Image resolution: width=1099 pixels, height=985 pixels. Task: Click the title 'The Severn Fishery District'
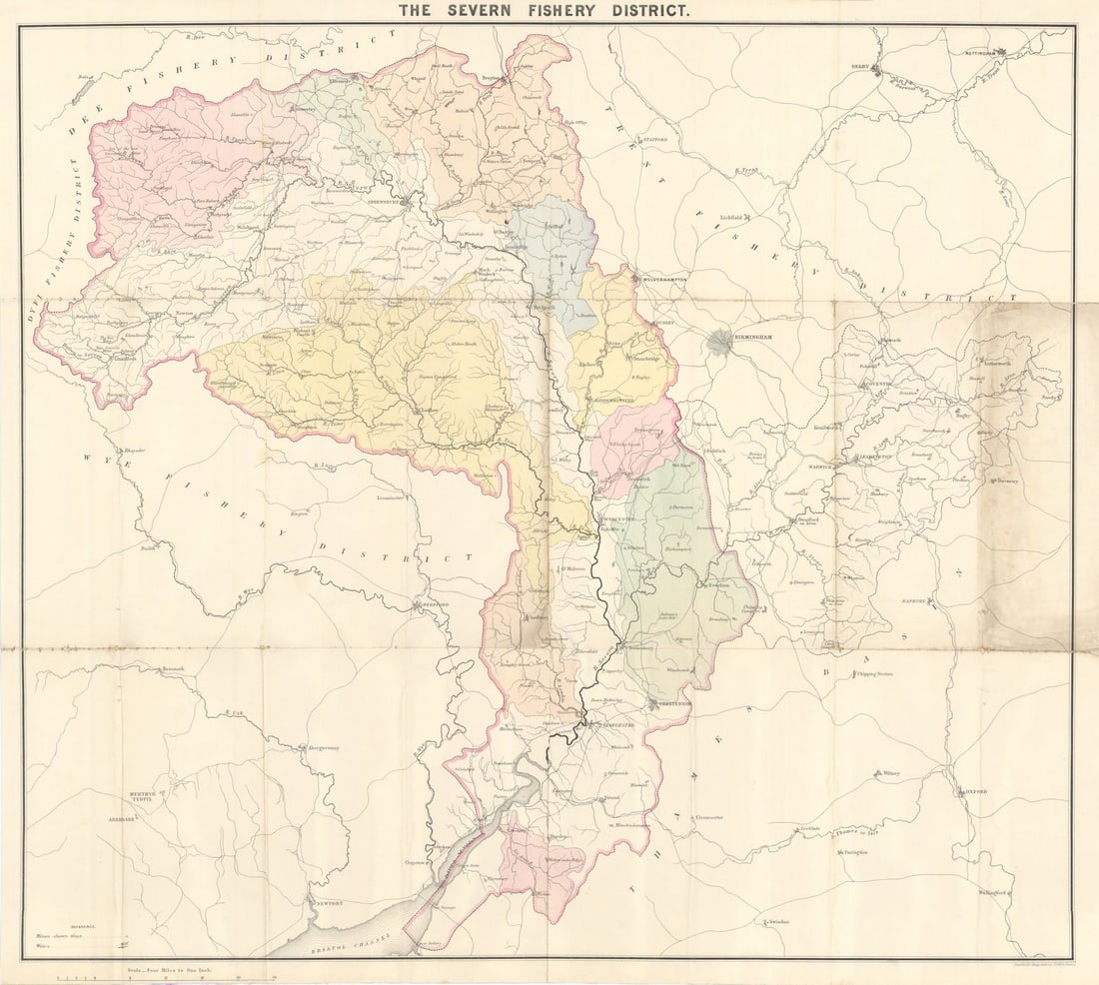[544, 11]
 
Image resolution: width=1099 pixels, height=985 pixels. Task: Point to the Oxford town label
[977, 791]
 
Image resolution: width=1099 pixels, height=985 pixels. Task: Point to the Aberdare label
[121, 818]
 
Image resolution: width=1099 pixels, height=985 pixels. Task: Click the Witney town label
[890, 773]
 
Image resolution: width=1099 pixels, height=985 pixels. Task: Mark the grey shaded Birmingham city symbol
[718, 343]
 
